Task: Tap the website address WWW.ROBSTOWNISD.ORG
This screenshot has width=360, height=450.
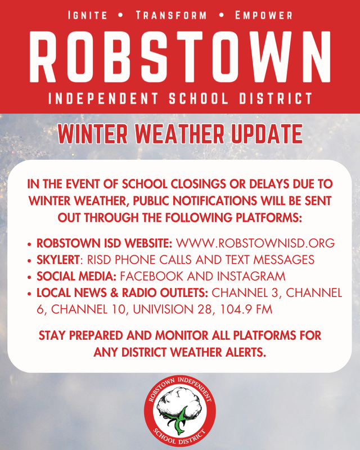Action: click(256, 244)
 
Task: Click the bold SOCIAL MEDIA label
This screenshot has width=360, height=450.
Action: click(76, 276)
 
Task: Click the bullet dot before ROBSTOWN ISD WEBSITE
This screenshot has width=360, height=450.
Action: click(29, 245)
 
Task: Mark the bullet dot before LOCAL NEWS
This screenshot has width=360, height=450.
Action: click(29, 294)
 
